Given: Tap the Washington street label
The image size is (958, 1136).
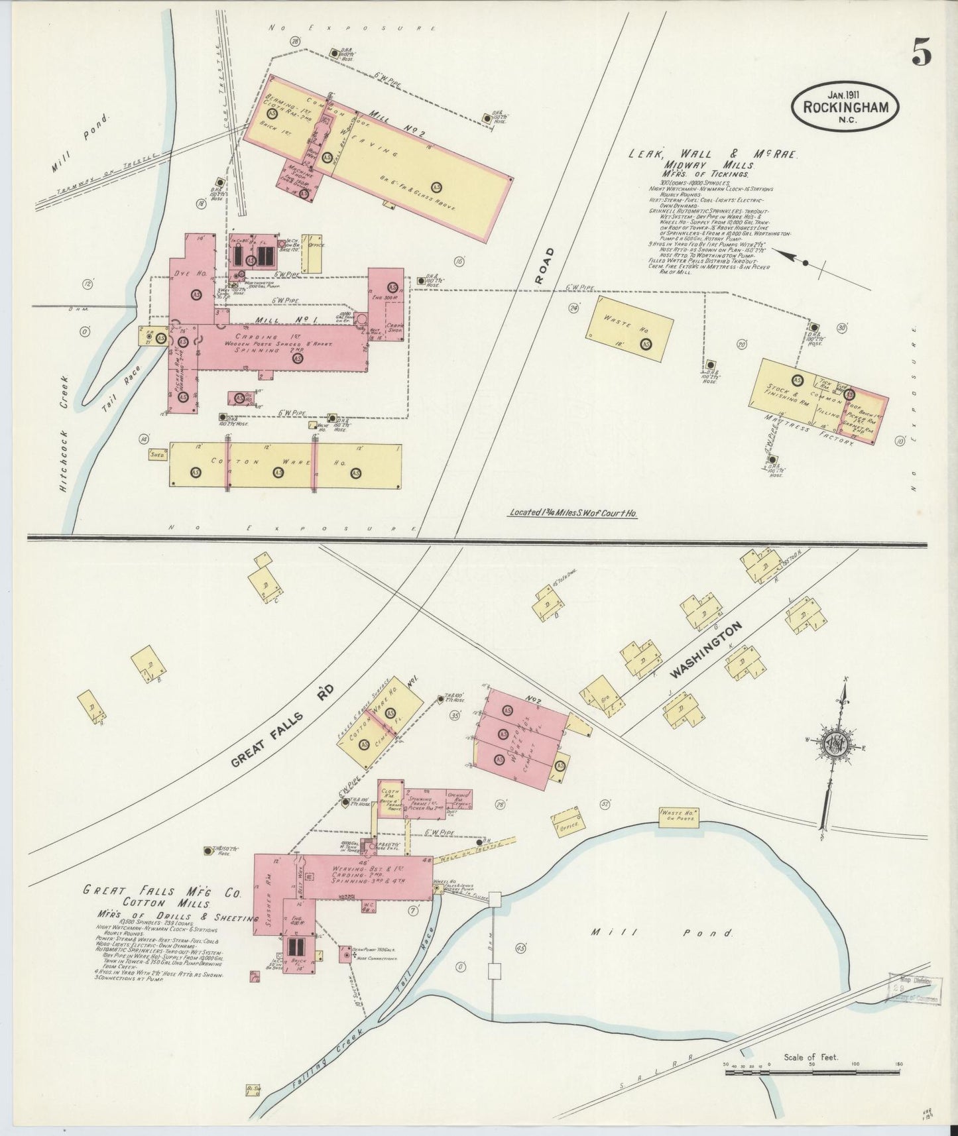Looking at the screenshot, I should [x=707, y=650].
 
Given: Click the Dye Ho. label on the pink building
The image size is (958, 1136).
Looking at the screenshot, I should [x=182, y=273].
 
